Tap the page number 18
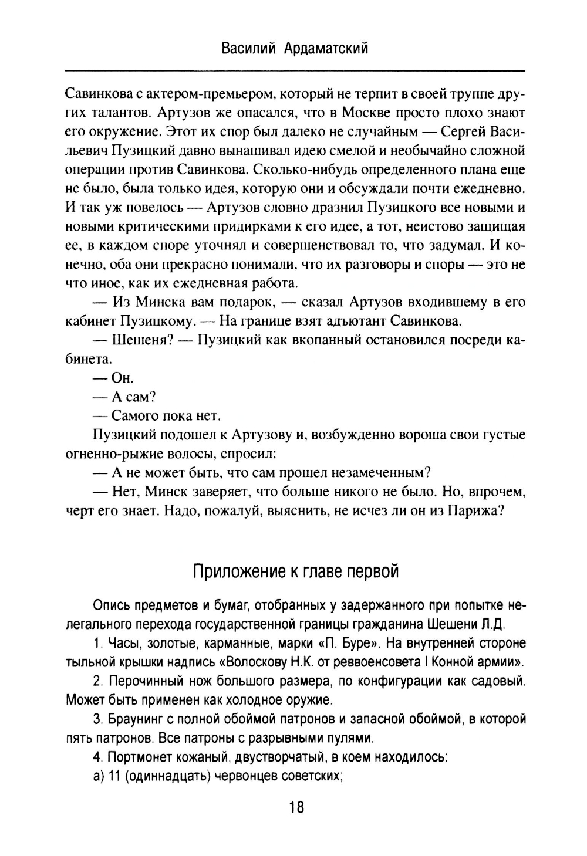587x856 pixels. (x=296, y=808)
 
